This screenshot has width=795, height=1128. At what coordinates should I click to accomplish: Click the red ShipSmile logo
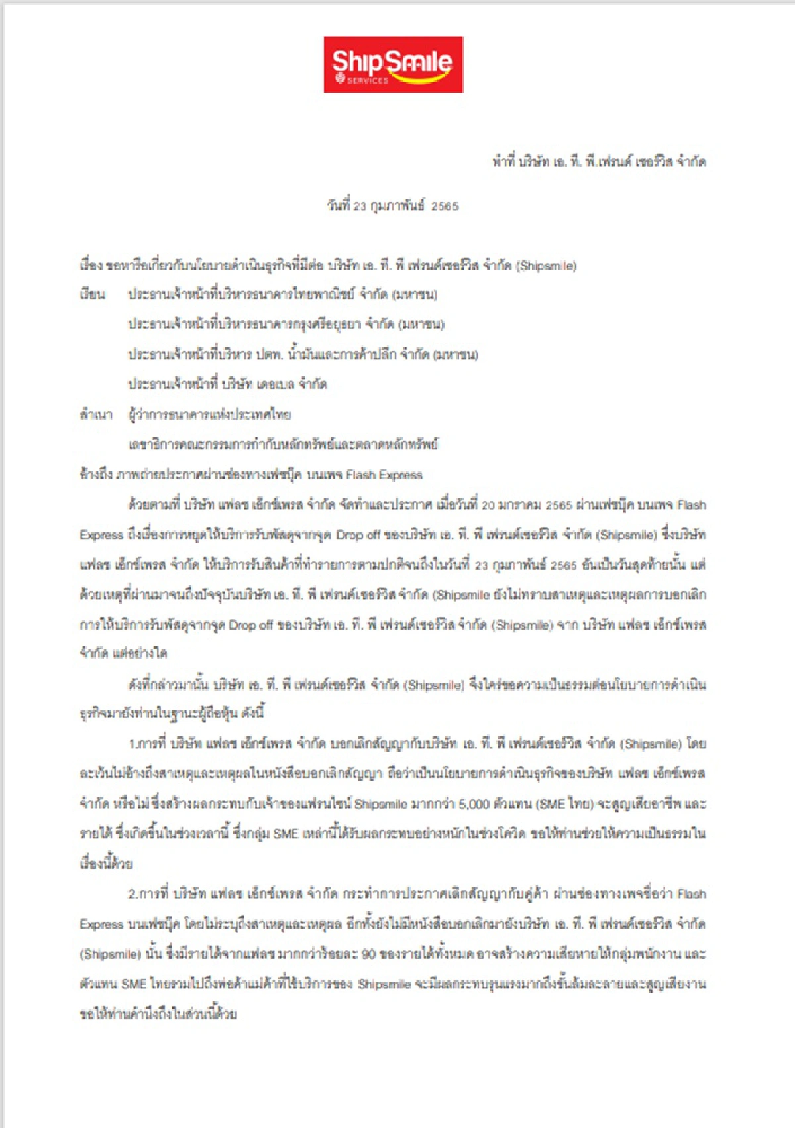[x=393, y=64]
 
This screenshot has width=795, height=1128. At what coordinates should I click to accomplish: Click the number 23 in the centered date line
[x=359, y=206]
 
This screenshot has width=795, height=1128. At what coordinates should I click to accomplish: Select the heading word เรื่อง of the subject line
[x=91, y=266]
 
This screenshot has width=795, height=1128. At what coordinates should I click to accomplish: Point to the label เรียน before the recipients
[x=92, y=294]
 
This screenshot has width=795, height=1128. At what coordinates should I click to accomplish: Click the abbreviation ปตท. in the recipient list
[x=269, y=354]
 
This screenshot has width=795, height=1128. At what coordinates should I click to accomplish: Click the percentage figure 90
[x=368, y=954]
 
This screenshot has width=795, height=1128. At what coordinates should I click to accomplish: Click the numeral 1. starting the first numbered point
[x=132, y=744]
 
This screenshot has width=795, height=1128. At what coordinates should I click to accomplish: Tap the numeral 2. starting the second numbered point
[x=132, y=893]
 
